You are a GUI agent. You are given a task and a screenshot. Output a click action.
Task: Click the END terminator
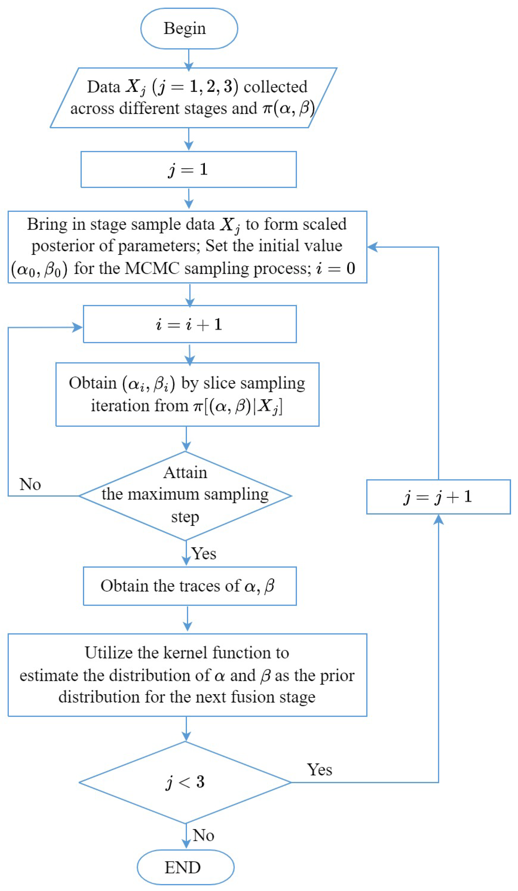coord(185,867)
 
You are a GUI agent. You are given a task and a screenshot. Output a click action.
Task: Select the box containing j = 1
coord(188,169)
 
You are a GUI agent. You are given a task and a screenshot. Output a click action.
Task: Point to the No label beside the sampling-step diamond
coord(30,484)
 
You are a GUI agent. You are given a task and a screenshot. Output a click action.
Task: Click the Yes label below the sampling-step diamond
coord(204,554)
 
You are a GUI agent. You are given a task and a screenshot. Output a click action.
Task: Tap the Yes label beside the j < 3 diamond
coord(319,770)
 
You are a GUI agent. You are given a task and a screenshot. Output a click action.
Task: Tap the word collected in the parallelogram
coord(275,87)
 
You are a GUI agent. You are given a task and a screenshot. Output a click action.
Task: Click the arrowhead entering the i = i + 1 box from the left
coord(78,327)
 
